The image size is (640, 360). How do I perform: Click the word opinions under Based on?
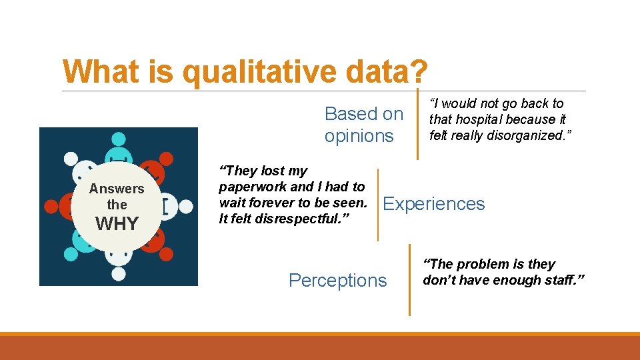click(x=359, y=136)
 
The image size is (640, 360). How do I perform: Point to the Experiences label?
click(x=434, y=204)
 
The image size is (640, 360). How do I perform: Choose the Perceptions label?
click(x=337, y=281)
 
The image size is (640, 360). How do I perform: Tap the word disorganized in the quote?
click(x=523, y=135)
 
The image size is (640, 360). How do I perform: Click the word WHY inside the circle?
click(x=117, y=224)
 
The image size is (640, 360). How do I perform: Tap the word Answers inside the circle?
click(x=117, y=189)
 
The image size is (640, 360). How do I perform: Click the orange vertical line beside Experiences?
click(x=378, y=205)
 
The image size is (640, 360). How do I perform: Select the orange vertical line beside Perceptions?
click(x=409, y=280)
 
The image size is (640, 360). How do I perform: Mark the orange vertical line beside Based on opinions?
click(x=417, y=124)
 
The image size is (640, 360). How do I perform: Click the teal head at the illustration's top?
click(x=118, y=139)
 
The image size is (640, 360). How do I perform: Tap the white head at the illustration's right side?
click(x=185, y=207)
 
